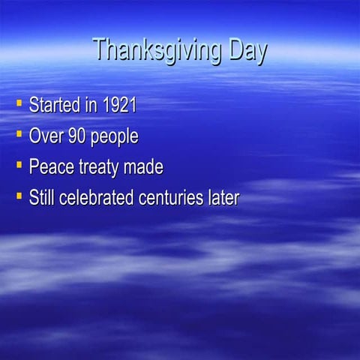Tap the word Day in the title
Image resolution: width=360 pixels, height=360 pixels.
pyautogui.click(x=244, y=51)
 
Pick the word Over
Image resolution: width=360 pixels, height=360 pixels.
pyautogui.click(x=46, y=136)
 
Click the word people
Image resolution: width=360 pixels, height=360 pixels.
pyautogui.click(x=114, y=138)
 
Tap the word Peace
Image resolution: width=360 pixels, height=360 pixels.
pyautogui.click(x=49, y=167)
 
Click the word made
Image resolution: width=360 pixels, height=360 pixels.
pyautogui.click(x=143, y=167)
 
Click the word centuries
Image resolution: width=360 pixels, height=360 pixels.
pyautogui.click(x=175, y=198)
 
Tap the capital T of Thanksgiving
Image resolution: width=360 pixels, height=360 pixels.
pyautogui.click(x=100, y=49)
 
